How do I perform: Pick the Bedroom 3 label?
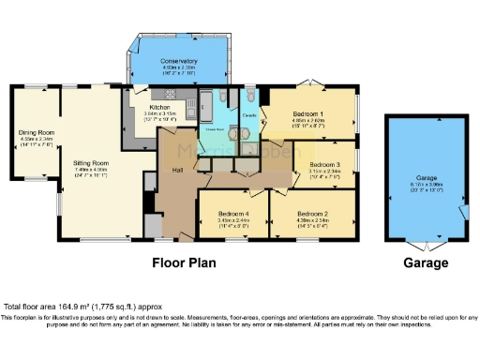point(323,165)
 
